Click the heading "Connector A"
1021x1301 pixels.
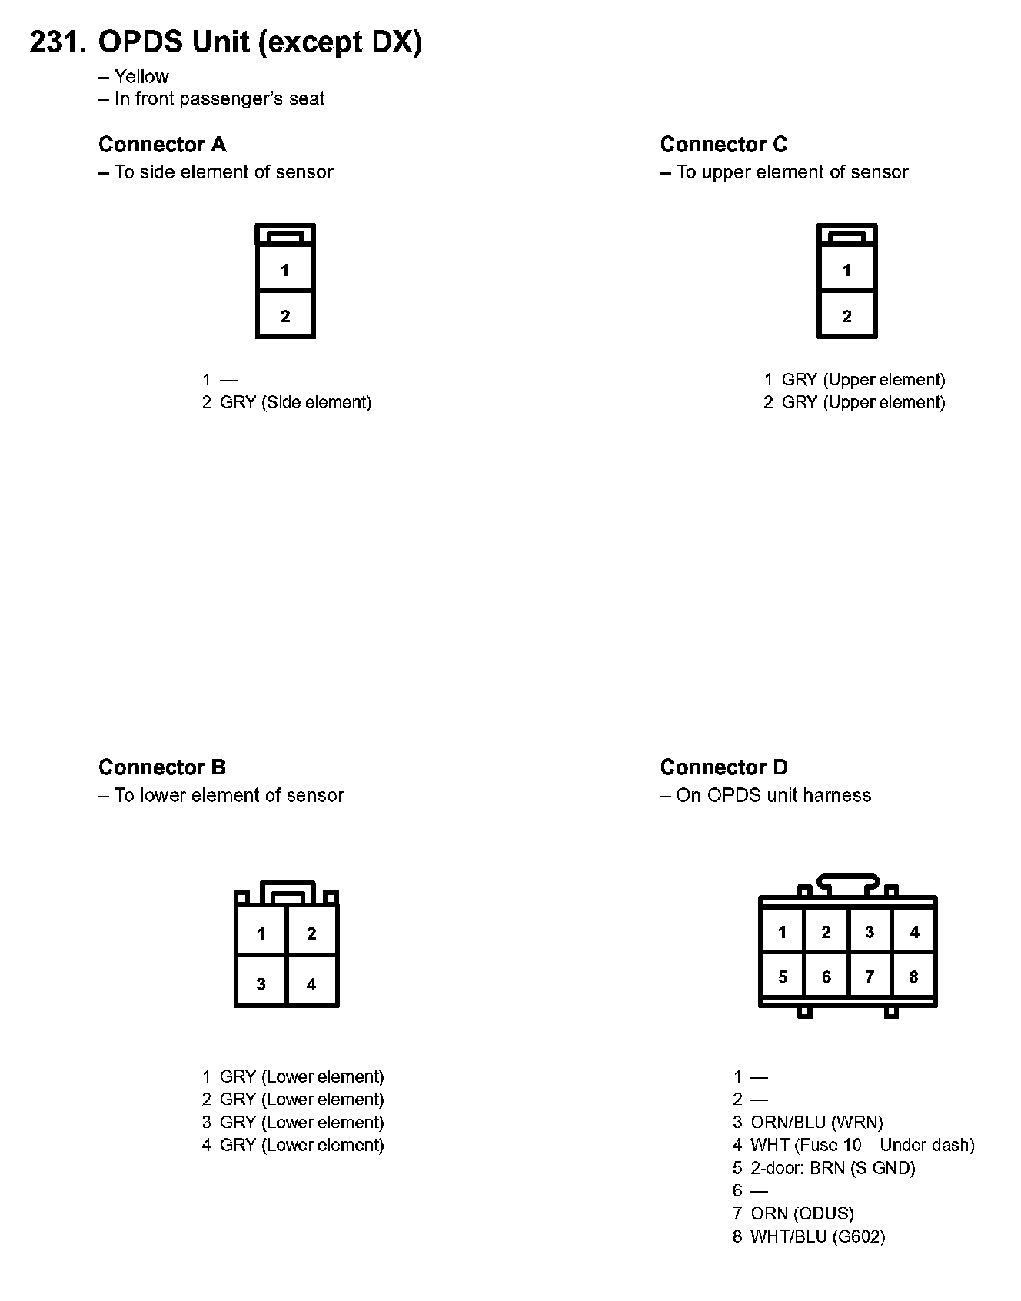pos(162,145)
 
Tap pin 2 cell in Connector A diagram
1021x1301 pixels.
pos(285,315)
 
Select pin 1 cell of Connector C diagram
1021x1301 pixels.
pos(846,269)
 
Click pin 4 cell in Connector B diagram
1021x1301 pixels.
pos(311,983)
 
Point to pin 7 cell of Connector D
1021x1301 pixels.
pos(870,977)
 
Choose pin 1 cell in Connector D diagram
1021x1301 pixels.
pos(782,932)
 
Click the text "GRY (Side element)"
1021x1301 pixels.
pos(295,402)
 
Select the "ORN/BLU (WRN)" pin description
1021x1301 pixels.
pos(816,1122)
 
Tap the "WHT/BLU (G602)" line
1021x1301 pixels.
pos(817,1236)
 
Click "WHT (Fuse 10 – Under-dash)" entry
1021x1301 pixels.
pos(862,1145)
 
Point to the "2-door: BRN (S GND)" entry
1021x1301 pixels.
pos(833,1168)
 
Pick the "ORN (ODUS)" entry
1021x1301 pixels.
pos(802,1213)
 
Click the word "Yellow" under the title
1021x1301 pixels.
pos(141,77)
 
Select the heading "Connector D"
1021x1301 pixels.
pos(723,767)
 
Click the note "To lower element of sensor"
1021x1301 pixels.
pos(228,795)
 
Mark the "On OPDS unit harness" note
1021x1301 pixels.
pos(773,795)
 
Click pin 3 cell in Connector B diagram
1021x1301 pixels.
pos(261,983)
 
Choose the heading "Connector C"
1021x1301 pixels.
pos(723,145)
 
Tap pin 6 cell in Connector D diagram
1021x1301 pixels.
pos(826,977)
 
